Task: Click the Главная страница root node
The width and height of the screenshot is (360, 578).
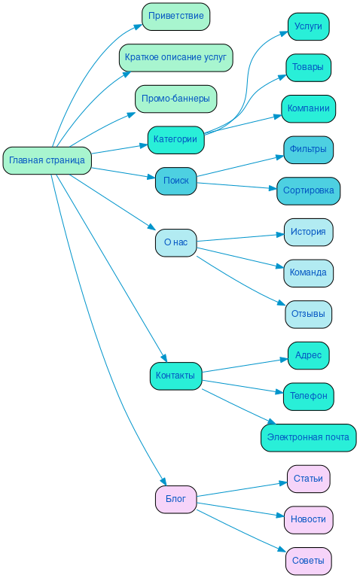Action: pyautogui.click(x=47, y=160)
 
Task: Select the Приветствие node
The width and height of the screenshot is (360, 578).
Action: pyautogui.click(x=175, y=16)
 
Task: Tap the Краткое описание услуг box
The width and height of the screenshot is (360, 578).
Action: pyautogui.click(x=175, y=57)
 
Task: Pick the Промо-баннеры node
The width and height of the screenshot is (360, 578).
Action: pyautogui.click(x=175, y=99)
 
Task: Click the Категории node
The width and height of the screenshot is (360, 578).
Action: pyautogui.click(x=175, y=140)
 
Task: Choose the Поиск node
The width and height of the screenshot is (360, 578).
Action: pyautogui.click(x=175, y=181)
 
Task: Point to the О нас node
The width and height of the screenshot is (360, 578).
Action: pyautogui.click(x=175, y=242)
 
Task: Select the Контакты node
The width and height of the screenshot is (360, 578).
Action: pyautogui.click(x=175, y=376)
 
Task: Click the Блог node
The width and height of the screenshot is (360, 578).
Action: pyautogui.click(x=175, y=499)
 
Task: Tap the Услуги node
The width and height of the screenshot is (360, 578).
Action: pyautogui.click(x=308, y=26)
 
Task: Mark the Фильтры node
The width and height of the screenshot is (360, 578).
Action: pyautogui.click(x=308, y=149)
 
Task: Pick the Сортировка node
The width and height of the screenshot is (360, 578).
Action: pyautogui.click(x=308, y=190)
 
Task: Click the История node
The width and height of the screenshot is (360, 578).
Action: pyautogui.click(x=308, y=232)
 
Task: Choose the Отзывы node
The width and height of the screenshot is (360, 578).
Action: pyautogui.click(x=308, y=314)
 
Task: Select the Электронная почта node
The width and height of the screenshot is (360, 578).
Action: pyautogui.click(x=308, y=437)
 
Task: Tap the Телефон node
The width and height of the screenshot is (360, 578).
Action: pyautogui.click(x=308, y=396)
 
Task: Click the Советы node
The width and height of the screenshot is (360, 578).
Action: pyautogui.click(x=308, y=561)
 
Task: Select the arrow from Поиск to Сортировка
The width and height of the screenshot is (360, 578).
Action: pyautogui.click(x=236, y=186)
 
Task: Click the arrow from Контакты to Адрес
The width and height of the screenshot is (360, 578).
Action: pyautogui.click(x=245, y=365)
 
